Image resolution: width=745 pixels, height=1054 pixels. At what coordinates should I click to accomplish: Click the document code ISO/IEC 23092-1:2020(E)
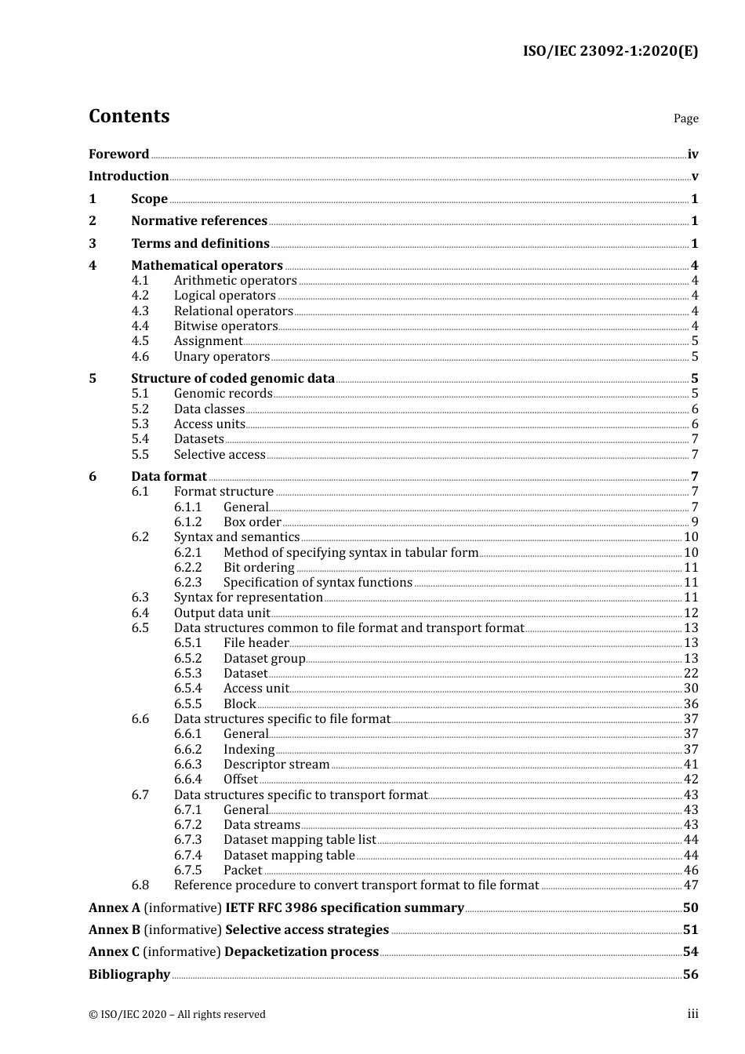[610, 52]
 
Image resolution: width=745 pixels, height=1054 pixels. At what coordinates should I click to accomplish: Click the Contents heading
[129, 116]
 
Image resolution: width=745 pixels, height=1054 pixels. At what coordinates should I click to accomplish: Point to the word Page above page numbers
[685, 118]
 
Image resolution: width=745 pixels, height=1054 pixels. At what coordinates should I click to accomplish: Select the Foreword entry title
[118, 154]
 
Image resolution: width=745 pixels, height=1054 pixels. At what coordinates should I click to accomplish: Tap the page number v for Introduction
[694, 176]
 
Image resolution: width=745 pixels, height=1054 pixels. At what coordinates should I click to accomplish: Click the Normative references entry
[199, 221]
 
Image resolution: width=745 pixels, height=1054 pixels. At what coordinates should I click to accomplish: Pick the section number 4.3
[140, 311]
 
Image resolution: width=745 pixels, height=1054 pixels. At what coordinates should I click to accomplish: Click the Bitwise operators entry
[226, 326]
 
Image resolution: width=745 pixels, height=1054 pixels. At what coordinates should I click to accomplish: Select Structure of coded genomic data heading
[233, 379]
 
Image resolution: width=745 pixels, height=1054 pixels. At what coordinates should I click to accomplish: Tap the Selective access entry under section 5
[220, 455]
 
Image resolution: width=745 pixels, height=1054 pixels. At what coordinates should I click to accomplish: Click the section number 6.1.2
[187, 522]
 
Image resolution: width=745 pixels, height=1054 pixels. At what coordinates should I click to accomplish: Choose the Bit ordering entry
[259, 568]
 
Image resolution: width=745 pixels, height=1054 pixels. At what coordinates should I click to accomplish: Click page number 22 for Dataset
[691, 674]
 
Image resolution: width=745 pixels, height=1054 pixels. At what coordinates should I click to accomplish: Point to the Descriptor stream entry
[276, 765]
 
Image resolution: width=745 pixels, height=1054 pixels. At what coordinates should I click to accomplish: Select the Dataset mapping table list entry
[300, 840]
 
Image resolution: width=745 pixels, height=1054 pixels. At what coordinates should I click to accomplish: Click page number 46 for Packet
[691, 870]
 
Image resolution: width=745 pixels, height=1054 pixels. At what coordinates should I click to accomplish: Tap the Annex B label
[114, 930]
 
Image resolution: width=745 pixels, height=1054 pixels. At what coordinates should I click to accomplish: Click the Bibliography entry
[129, 975]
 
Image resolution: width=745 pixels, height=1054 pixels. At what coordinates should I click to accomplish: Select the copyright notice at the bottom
[177, 1015]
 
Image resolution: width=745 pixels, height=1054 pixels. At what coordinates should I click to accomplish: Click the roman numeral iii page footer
[692, 1014]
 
